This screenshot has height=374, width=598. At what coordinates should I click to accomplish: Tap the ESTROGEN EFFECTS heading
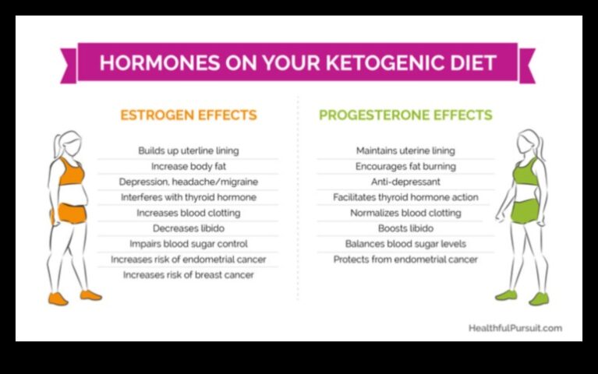(188, 115)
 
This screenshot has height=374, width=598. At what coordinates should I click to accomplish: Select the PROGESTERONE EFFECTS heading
(405, 115)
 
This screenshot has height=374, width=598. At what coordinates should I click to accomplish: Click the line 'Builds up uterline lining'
(188, 150)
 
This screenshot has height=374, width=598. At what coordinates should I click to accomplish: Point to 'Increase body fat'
(188, 166)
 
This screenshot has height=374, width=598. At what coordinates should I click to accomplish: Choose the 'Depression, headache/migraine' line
(188, 182)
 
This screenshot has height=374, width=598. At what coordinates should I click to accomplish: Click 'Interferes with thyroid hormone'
(188, 197)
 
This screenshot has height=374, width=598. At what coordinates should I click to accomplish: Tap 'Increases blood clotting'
(188, 213)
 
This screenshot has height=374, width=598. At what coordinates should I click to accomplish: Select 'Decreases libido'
(188, 228)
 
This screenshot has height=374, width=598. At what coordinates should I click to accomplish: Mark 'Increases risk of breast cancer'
(188, 275)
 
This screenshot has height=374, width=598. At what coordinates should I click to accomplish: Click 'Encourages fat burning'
(405, 166)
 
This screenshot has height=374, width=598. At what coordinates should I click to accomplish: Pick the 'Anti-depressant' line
(405, 182)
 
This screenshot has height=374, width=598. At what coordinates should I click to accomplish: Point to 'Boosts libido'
(405, 228)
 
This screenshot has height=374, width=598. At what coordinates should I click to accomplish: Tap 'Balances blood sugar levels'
(405, 244)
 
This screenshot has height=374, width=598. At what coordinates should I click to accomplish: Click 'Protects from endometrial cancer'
(405, 259)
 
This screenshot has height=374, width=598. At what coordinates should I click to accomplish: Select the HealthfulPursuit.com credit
(515, 328)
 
